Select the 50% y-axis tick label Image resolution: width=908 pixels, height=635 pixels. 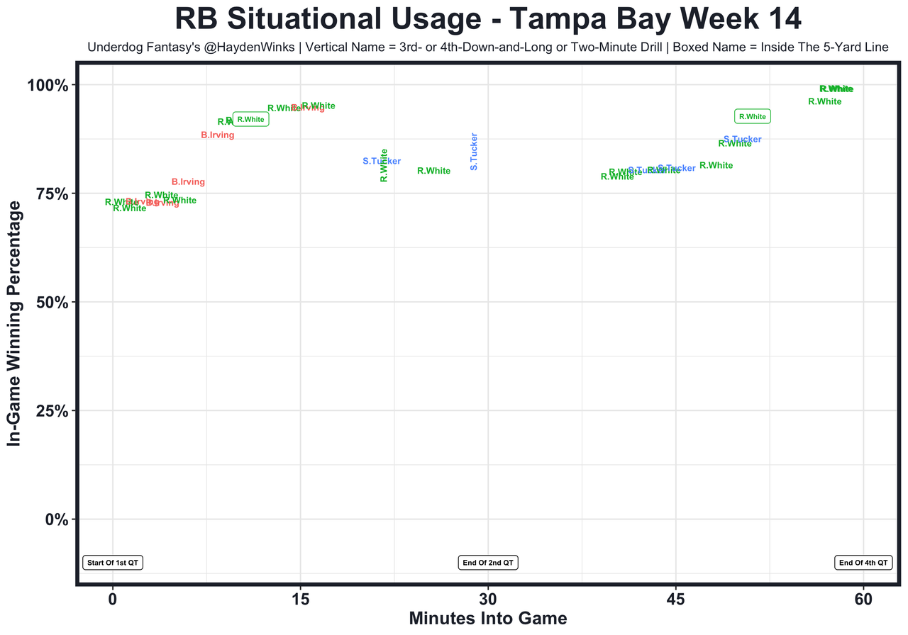click(52, 303)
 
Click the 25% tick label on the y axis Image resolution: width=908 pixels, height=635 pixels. click(52, 411)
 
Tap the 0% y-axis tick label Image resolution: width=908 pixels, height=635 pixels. click(57, 519)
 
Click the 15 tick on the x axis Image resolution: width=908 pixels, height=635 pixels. click(300, 600)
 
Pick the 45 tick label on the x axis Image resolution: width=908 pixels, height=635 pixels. click(675, 600)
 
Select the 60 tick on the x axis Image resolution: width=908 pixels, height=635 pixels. click(863, 600)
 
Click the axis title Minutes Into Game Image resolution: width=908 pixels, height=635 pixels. click(488, 619)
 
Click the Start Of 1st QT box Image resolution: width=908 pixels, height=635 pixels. click(113, 563)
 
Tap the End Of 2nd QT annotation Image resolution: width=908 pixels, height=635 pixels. click(488, 563)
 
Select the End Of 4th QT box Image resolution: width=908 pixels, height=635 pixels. click(863, 563)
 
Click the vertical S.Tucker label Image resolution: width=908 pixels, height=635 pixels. click(474, 152)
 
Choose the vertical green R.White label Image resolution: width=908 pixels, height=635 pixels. click(384, 165)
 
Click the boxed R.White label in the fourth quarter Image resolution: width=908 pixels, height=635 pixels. click(752, 116)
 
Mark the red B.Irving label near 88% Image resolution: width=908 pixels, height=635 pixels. click(217, 135)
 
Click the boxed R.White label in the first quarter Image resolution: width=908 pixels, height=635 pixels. click(250, 120)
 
